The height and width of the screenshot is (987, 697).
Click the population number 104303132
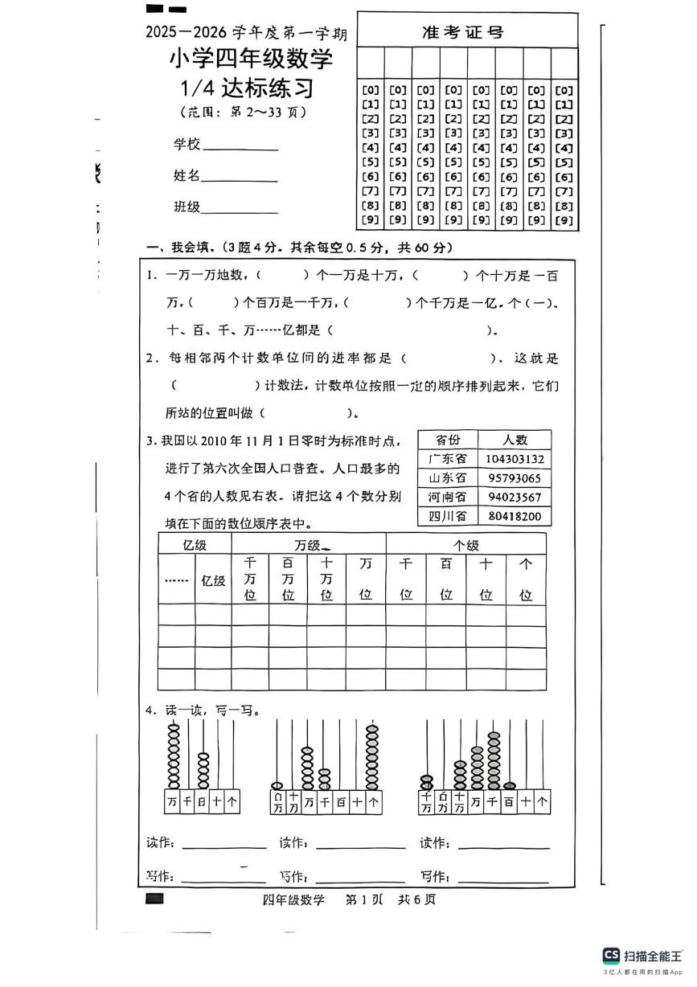pyautogui.click(x=515, y=459)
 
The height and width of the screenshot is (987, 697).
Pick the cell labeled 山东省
pyautogui.click(x=448, y=478)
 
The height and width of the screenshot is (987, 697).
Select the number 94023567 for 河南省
pyautogui.click(x=515, y=498)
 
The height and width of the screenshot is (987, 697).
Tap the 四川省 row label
pyautogui.click(x=448, y=516)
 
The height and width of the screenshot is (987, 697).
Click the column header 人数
pyautogui.click(x=515, y=440)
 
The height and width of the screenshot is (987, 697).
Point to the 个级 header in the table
pyautogui.click(x=465, y=544)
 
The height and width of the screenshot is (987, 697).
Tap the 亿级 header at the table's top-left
pyautogui.click(x=195, y=544)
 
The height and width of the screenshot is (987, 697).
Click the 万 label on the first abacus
pyautogui.click(x=172, y=801)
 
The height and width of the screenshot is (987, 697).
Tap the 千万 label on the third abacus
pyautogui.click(x=426, y=802)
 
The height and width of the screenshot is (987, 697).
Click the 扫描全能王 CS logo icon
pyautogui.click(x=611, y=955)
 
